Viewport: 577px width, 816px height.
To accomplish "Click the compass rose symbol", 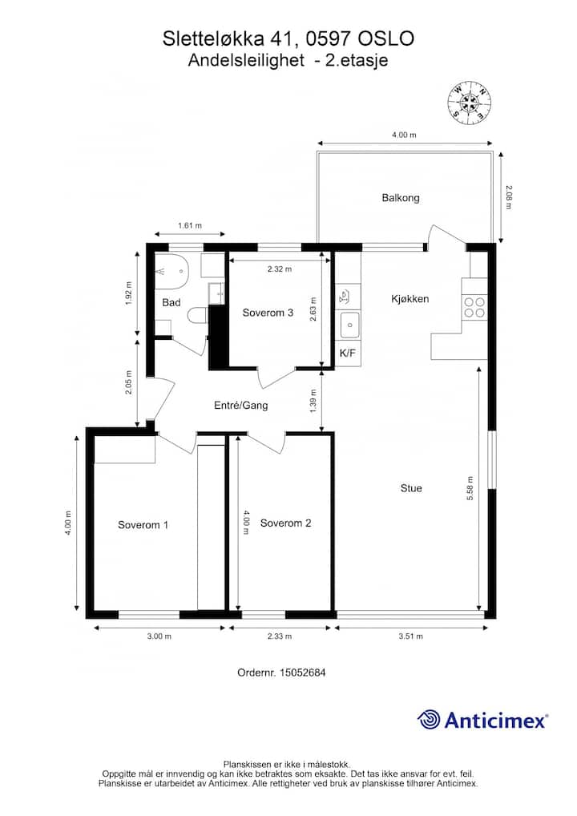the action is coord(470,103).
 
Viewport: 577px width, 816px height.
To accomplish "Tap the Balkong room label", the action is coord(401,198).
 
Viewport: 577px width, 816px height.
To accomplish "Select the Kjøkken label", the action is coord(410,299).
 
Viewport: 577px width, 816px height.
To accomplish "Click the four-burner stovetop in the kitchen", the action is coord(474,307).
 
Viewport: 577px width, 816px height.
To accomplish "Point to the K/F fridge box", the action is coord(348,353).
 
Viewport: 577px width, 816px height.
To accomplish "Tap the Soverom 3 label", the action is coord(268,313).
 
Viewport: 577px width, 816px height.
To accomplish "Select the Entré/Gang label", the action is coord(241,405).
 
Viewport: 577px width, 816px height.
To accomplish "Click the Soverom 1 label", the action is coord(143,525).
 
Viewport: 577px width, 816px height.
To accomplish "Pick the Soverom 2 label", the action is coord(285,523).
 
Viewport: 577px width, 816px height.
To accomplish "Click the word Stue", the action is coord(411,488).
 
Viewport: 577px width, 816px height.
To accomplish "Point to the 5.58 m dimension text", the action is coord(470,488).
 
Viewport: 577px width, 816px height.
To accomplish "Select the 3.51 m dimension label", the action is coord(411,636).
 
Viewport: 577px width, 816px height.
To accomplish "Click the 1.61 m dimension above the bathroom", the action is coord(190,226).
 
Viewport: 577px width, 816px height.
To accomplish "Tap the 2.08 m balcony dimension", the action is coord(508,198).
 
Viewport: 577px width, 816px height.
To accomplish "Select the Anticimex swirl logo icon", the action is coord(428,720).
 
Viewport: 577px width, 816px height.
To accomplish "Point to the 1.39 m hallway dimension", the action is coord(313,402).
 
